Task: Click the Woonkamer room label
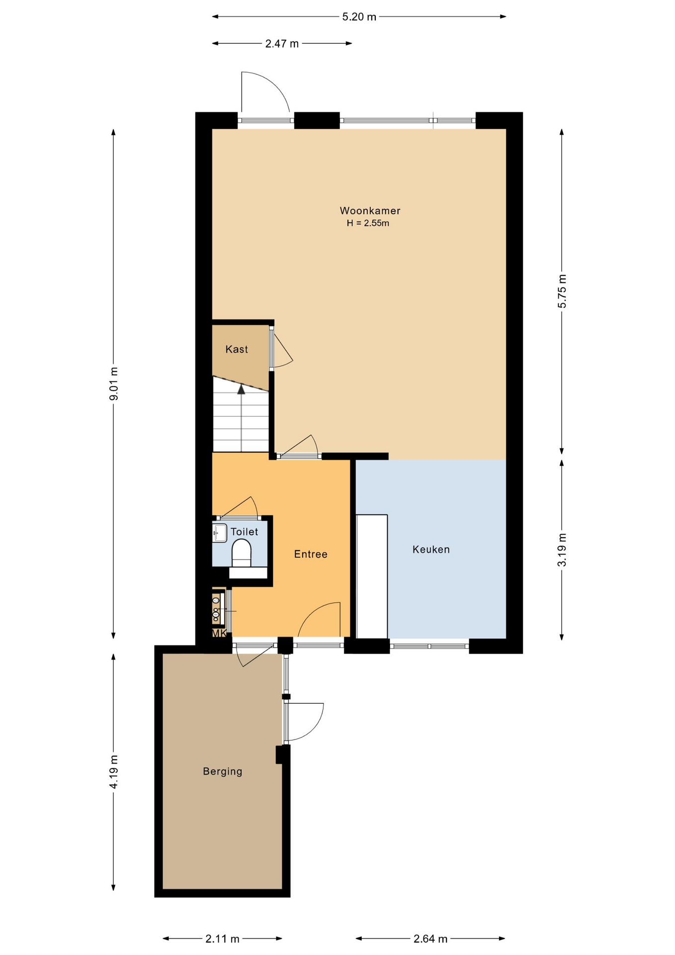coord(370,210)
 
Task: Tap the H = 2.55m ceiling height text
coord(368,223)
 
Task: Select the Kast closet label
coord(237,349)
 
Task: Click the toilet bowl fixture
coord(242,553)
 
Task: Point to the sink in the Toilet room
coord(220,533)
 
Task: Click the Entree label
coord(311,554)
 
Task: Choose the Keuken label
coord(431,550)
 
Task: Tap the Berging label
coord(223,771)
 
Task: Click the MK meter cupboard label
coord(219,633)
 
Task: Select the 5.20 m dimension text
coord(359,17)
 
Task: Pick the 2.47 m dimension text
coord(282,44)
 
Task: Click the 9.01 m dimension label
coord(114,383)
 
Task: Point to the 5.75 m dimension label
coord(562,291)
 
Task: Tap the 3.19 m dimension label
coord(562,550)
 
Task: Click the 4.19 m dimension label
coord(114,771)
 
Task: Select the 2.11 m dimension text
coord(223,939)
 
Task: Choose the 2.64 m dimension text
coord(430,939)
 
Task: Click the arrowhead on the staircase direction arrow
coord(242,389)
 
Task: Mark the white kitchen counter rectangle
coord(372,576)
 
